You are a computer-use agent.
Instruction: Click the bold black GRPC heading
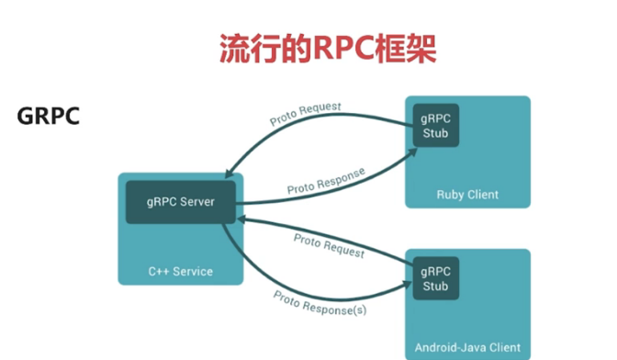click(x=48, y=117)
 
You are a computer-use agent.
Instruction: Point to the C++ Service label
click(x=180, y=271)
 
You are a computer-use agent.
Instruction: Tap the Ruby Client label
click(x=467, y=194)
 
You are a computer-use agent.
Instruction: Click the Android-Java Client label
click(x=467, y=347)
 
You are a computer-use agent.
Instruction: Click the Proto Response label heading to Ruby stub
click(x=325, y=181)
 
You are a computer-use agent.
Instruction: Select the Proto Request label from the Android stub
click(x=329, y=245)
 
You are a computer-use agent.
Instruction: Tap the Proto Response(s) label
click(x=320, y=303)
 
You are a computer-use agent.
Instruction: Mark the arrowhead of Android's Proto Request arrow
click(x=241, y=219)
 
